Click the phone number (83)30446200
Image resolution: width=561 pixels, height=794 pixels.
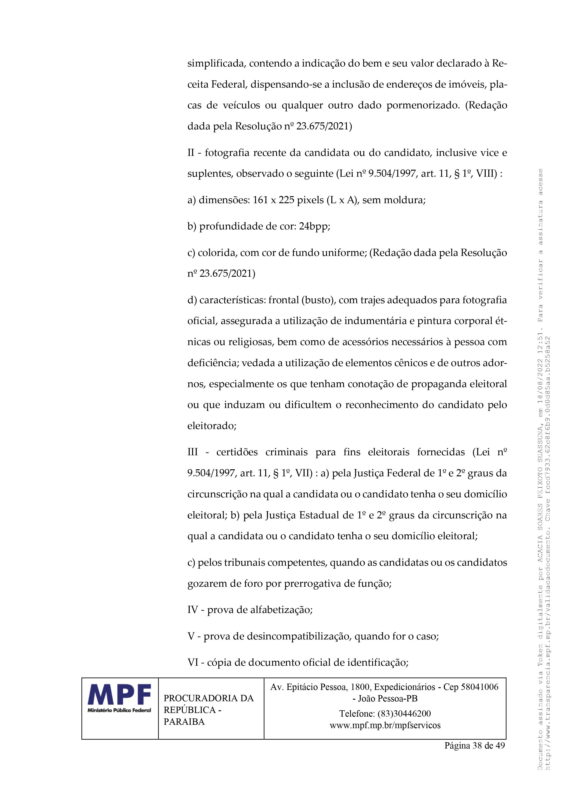coord(404,713)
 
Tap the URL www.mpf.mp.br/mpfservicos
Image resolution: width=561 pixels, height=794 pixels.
coord(385,725)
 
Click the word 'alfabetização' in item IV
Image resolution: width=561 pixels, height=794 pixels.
coord(281,610)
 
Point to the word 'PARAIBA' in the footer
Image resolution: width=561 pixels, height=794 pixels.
coord(184,721)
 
